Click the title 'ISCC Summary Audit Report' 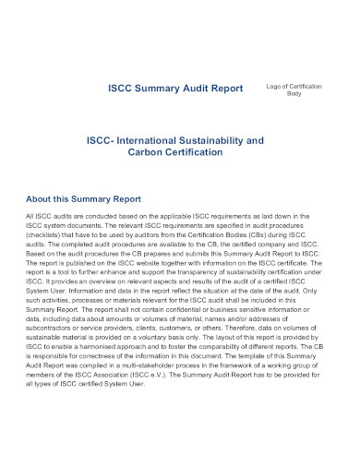pos(175,89)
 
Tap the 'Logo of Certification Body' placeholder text pos(294,90)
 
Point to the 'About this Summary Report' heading pos(83,198)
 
